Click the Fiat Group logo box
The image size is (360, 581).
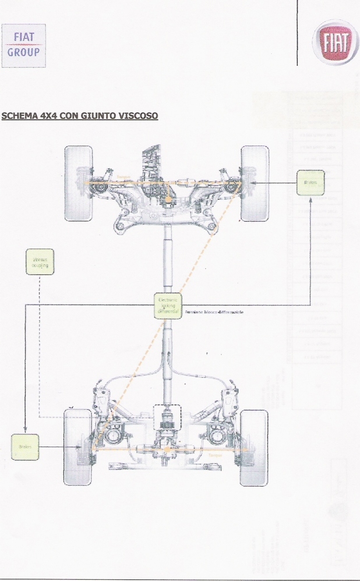point(24,45)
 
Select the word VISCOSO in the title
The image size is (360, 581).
point(138,116)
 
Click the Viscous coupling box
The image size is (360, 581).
point(40,262)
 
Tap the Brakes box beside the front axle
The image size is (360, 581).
point(310,183)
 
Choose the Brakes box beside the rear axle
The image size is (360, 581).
point(24,447)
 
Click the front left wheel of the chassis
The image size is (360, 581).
point(79,183)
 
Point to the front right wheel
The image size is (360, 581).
point(255,183)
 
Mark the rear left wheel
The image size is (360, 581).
point(78,447)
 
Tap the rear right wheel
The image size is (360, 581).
point(254,447)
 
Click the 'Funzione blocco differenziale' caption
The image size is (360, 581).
point(214,313)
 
